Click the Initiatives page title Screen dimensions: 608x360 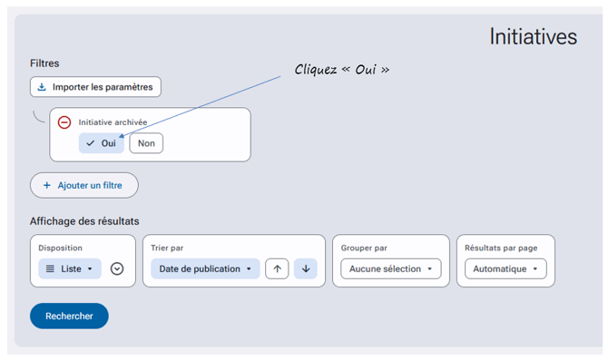pos(534,37)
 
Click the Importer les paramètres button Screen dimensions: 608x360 pos(95,87)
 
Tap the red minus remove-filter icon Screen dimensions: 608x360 pos(64,122)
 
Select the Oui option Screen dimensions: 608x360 pos(102,143)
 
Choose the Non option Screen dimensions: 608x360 pos(146,143)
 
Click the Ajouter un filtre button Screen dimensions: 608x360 pos(84,185)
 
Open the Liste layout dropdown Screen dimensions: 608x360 pos(70,268)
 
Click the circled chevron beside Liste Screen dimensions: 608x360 pos(117,268)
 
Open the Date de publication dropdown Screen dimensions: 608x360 pos(205,268)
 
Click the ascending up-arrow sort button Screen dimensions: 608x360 pos(277,268)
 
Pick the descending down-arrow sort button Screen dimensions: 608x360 pos(306,268)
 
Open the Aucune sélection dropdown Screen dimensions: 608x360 pos(391,268)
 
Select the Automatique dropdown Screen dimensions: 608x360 pos(505,268)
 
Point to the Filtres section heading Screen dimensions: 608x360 pos(44,63)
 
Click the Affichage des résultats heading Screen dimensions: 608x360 pos(84,221)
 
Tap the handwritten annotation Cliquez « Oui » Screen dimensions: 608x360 pos(341,70)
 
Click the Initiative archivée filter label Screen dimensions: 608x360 pos(113,122)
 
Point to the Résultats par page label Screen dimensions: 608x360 pos(501,248)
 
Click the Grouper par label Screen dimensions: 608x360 pos(364,248)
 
